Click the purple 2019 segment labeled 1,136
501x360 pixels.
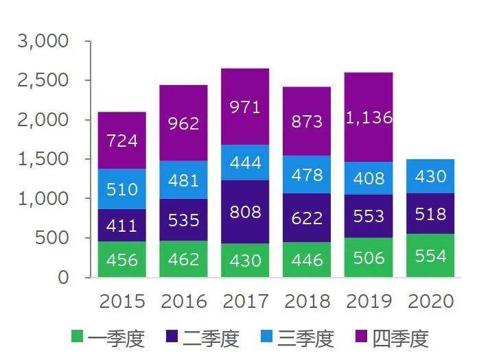point(369,117)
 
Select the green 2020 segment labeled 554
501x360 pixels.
point(430,256)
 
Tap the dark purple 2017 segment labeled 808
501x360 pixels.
point(245,212)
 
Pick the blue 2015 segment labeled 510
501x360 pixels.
point(121,189)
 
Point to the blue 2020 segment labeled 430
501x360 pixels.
point(430,176)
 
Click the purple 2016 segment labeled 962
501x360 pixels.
point(183,123)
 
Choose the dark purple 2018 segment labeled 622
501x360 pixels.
point(307,217)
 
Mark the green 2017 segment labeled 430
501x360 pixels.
point(245,261)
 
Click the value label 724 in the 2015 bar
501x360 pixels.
point(121,141)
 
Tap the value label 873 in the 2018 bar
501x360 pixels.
point(307,121)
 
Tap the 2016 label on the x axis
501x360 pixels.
point(183,302)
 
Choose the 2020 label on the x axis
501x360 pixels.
point(430,302)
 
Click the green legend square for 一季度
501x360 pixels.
point(78,337)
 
